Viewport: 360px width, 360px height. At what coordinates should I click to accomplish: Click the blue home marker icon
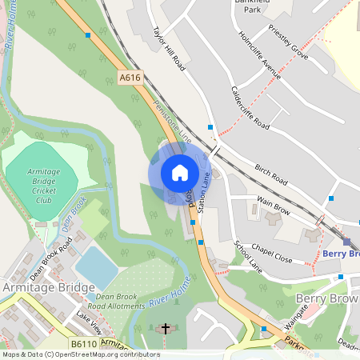pos(180,173)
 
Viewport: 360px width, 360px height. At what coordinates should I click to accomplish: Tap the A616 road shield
pos(130,78)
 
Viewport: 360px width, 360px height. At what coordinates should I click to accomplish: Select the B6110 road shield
pos(83,344)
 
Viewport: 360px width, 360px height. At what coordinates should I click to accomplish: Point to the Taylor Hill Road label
pos(169,50)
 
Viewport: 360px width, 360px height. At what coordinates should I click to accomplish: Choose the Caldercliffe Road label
pos(250,108)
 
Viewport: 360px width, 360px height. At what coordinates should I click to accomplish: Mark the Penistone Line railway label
pos(174,119)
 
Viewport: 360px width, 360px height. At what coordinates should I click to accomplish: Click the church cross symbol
pos(166,329)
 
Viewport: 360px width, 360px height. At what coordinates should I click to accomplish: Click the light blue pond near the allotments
pos(96,266)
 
